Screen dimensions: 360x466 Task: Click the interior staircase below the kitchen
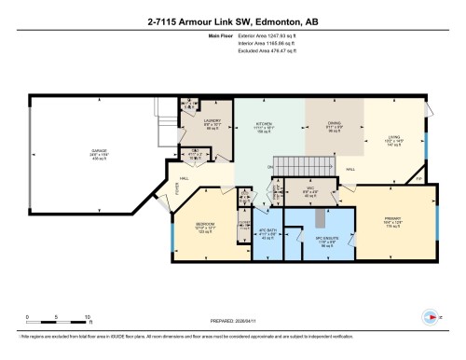click(x=303, y=164)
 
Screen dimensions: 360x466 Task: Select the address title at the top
click(x=232, y=21)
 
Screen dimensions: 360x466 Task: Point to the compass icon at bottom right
click(x=430, y=315)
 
